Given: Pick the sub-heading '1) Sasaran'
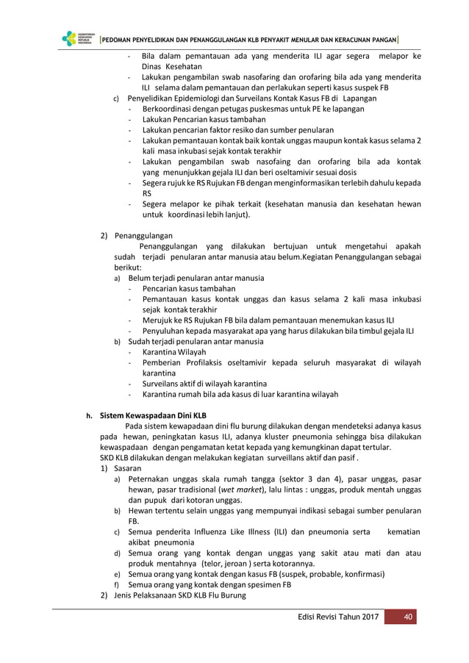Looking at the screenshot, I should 121,467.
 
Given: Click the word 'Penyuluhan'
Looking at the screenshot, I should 164,331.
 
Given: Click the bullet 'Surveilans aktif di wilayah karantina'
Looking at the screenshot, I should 204,384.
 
